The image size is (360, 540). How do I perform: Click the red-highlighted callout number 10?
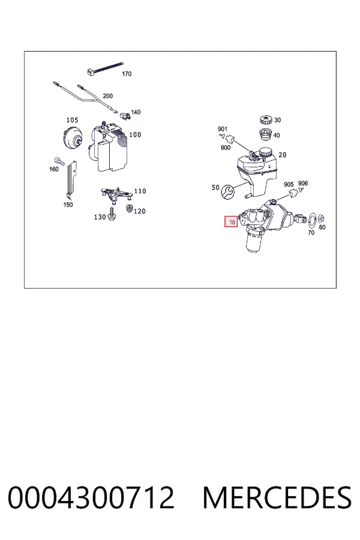point(231,222)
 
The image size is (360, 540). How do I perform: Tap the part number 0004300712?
point(91,497)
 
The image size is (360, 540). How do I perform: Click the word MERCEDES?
point(277,497)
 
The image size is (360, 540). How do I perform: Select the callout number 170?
point(127,74)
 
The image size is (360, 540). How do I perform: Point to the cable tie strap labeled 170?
point(104,68)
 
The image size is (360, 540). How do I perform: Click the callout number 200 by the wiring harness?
point(108,96)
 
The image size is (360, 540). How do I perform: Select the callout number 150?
point(68,205)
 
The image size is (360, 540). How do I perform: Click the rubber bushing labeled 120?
point(130,208)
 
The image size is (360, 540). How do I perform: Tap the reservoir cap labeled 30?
point(266,120)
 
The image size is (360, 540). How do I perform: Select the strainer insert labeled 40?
point(265,134)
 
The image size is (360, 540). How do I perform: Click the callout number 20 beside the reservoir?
point(282,155)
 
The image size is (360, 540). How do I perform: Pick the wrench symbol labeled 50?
point(227,191)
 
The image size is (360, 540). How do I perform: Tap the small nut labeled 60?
point(322,218)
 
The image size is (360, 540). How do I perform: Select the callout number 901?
point(223,129)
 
